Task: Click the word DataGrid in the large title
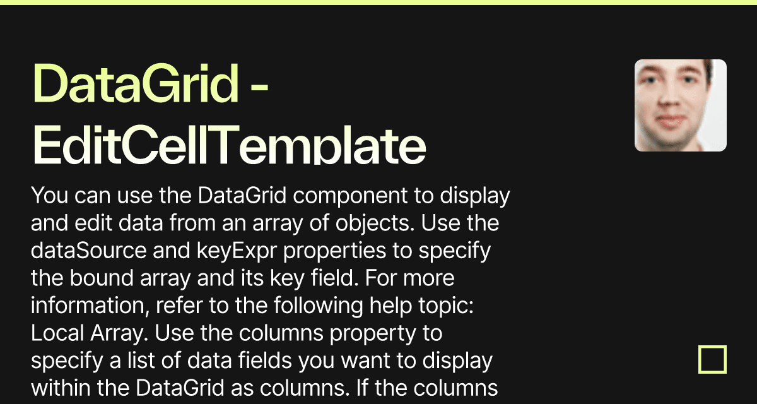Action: pos(135,85)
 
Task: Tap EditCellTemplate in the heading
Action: pos(228,146)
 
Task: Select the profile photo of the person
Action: pos(680,105)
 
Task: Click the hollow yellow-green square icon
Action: pos(712,360)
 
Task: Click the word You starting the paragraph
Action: pos(50,197)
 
